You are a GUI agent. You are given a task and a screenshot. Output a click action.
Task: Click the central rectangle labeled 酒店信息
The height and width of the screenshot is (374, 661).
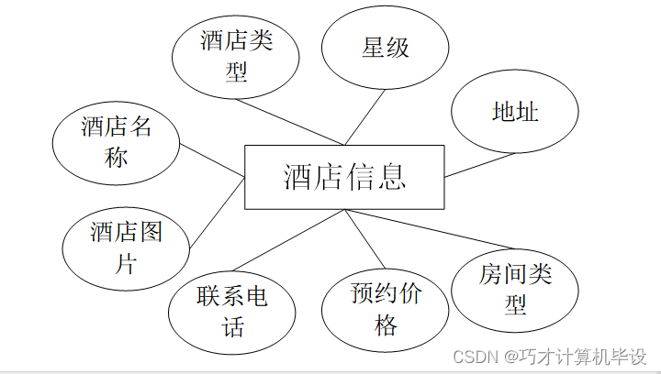pyautogui.click(x=344, y=177)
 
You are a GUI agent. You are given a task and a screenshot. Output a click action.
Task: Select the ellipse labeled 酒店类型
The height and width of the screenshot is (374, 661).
pyautogui.click(x=236, y=55)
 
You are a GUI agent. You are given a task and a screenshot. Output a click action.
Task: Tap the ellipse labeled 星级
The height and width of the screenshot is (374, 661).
pyautogui.click(x=385, y=49)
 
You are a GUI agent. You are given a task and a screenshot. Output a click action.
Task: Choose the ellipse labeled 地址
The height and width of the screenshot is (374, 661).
pyautogui.click(x=514, y=112)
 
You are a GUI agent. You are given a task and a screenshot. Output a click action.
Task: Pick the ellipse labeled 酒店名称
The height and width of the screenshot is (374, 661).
pyautogui.click(x=116, y=143)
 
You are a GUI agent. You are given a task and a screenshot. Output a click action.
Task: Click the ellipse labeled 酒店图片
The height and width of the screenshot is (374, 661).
pyautogui.click(x=126, y=248)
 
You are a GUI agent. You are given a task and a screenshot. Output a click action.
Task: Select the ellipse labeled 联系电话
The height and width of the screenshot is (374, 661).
pyautogui.click(x=232, y=312)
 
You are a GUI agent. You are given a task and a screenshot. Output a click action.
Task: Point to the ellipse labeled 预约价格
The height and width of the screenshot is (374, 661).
pyautogui.click(x=386, y=309)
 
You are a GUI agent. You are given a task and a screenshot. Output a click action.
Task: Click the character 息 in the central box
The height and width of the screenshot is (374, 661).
pyautogui.click(x=391, y=177)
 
